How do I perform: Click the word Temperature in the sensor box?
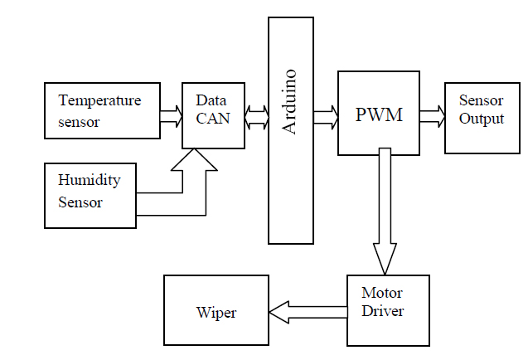(99, 100)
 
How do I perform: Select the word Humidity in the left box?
(89, 180)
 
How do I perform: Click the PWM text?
(378, 115)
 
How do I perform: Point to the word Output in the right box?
(482, 119)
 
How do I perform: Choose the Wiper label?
(216, 313)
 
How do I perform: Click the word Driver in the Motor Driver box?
(382, 311)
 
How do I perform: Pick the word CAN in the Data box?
(213, 119)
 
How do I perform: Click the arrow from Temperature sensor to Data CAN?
(171, 116)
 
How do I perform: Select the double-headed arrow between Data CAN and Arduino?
(256, 116)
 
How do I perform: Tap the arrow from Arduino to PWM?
(326, 116)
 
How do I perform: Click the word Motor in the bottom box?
(381, 293)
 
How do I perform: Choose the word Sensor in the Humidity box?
(80, 202)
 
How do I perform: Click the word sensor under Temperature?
(79, 122)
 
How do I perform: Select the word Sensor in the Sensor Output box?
(482, 100)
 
